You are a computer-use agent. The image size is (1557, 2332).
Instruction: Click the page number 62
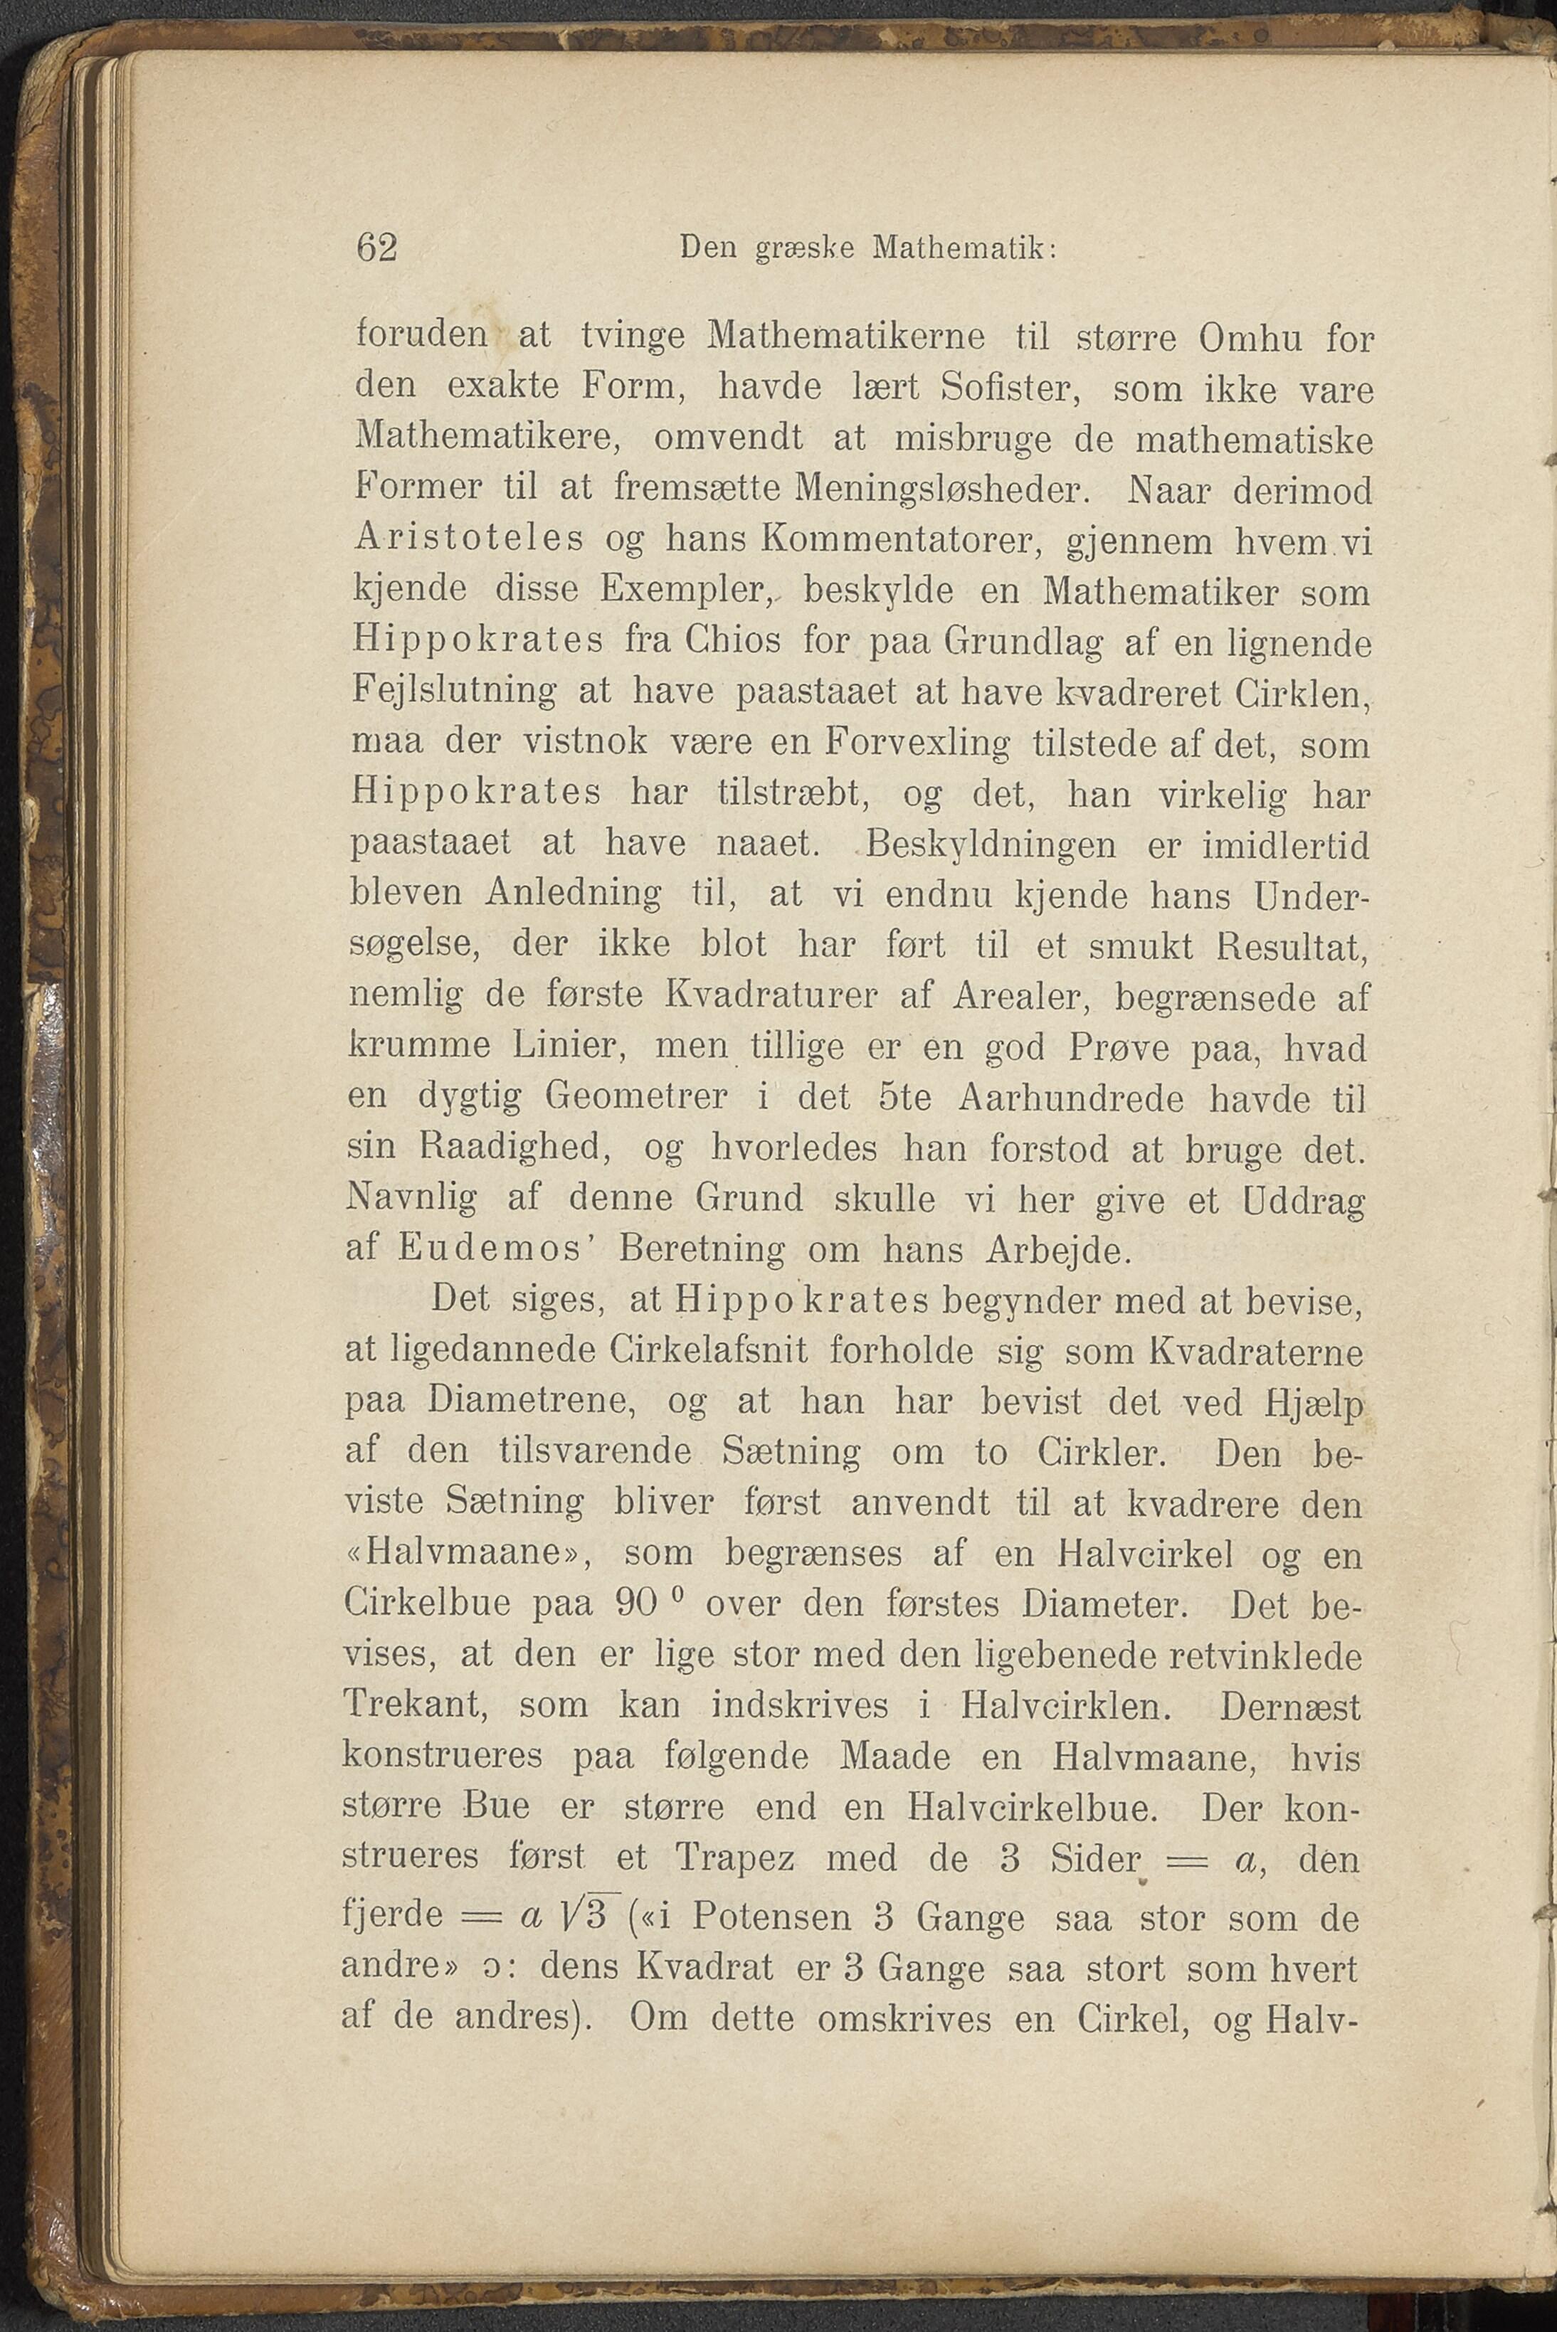[x=376, y=247]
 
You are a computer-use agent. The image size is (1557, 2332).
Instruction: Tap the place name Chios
[x=732, y=640]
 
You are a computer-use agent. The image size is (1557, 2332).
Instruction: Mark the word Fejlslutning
[x=455, y=692]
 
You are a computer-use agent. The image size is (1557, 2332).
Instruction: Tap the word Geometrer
[x=635, y=1097]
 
